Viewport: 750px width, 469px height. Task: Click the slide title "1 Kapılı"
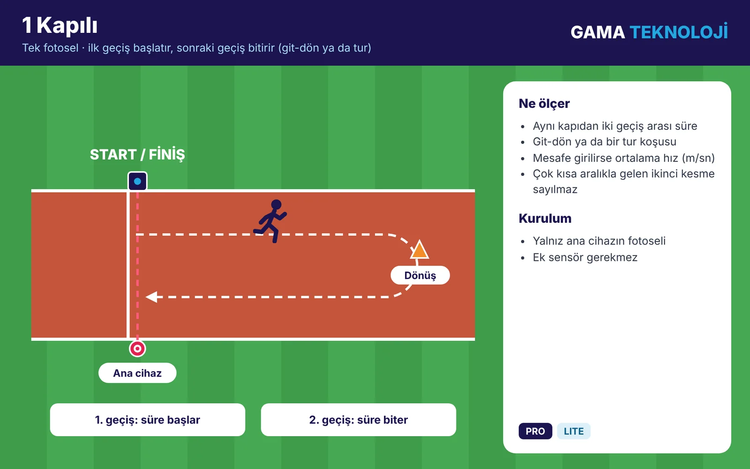[x=60, y=25]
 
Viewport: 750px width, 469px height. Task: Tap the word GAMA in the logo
[x=598, y=32]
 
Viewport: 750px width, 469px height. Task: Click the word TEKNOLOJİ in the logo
[x=679, y=32]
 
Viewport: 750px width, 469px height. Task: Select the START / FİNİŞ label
[x=137, y=154]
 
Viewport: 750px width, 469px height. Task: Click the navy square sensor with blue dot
[x=137, y=181]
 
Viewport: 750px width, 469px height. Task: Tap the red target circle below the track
[x=137, y=349]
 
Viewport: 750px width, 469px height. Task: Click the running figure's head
[x=276, y=204]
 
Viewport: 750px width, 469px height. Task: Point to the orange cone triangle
[x=419, y=250]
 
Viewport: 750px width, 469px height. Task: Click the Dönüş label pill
[x=420, y=275]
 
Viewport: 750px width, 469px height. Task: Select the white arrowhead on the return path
[x=152, y=297]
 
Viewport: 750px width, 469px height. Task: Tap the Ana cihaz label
[x=137, y=373]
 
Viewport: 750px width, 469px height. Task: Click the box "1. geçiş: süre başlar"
[x=147, y=420]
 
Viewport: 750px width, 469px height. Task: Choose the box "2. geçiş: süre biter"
[x=358, y=420]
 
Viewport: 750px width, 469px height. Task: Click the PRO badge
[x=535, y=431]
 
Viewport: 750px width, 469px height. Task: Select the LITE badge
[x=574, y=431]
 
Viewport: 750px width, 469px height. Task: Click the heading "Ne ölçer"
[x=544, y=104]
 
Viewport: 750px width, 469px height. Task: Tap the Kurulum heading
[x=545, y=219]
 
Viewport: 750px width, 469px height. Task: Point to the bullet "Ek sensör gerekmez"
[x=585, y=257]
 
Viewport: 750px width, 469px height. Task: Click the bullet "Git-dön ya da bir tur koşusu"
[x=604, y=142]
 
